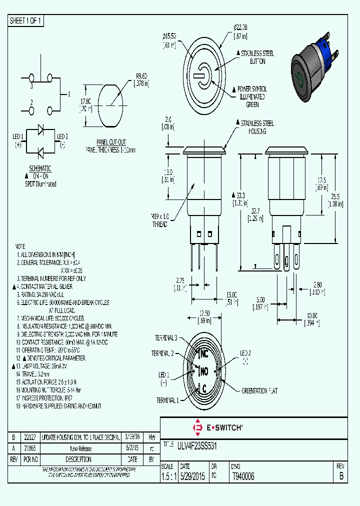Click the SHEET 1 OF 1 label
[25, 21]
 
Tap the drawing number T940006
[243, 477]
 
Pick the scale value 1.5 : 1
[169, 477]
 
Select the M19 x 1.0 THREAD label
[160, 220]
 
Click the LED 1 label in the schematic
[18, 137]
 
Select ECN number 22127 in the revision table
[30, 437]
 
